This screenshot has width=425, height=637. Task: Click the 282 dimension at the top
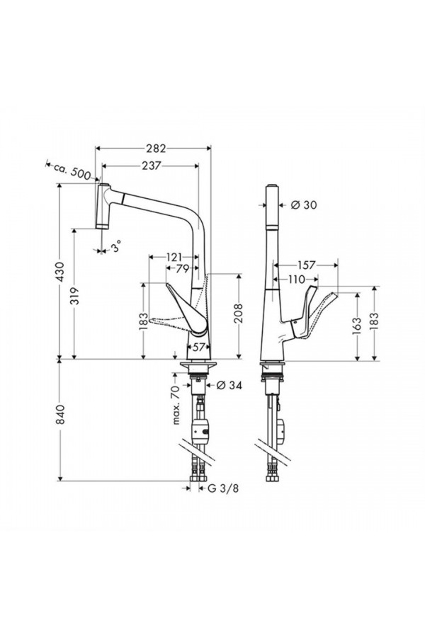coord(155,149)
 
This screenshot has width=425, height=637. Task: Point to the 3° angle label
coord(115,248)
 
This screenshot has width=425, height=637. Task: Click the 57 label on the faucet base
coord(199,347)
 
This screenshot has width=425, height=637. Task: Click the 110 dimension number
coord(297,279)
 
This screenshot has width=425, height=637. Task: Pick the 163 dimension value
coord(358,324)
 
